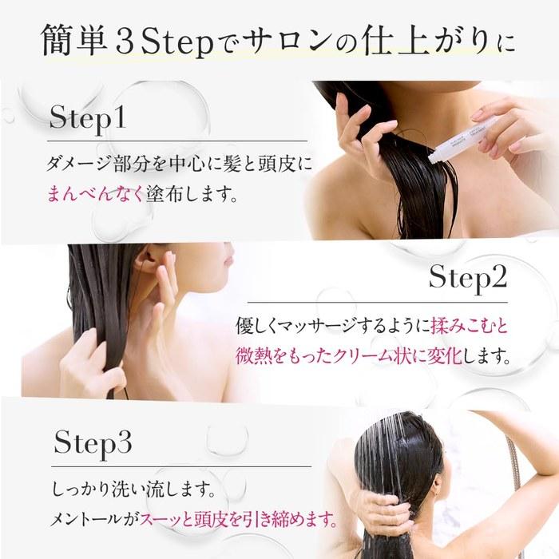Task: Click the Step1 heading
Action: pos(88,118)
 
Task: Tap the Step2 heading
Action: pos(468,278)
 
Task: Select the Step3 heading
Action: pos(93,443)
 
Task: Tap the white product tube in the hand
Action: pos(463,140)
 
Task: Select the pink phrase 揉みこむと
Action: pos(470,326)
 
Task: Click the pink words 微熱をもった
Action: pos(283,356)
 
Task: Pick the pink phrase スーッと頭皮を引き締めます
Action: pos(238,520)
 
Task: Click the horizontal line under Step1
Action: pos(177,141)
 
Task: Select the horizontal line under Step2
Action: pos(378,303)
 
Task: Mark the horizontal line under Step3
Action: pos(181,466)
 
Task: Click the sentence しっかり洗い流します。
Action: pos(134,489)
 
